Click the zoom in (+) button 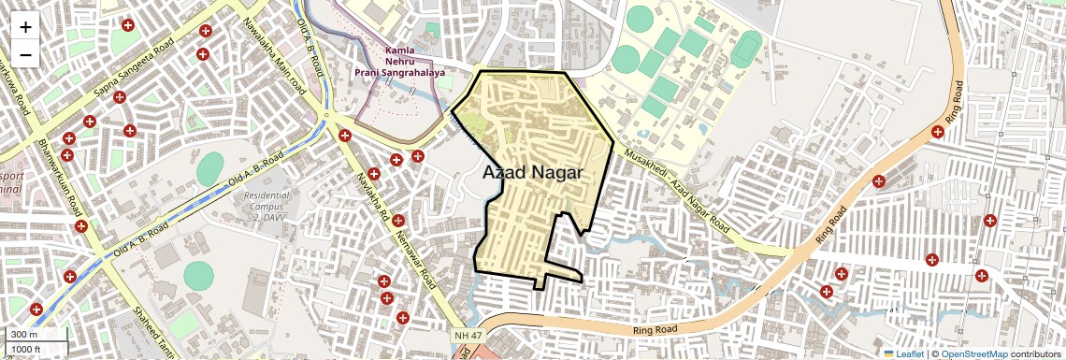click(25, 27)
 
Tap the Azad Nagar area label click(533, 173)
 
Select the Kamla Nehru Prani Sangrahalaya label click(399, 61)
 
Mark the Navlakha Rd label click(371, 197)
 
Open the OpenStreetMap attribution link click(973, 353)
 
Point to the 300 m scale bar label click(24, 335)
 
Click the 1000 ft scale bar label click(26, 349)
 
